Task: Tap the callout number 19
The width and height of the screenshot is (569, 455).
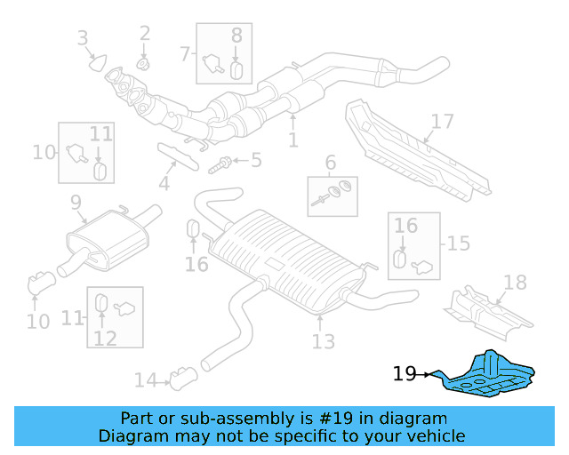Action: tap(405, 374)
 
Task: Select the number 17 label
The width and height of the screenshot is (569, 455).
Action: tap(442, 121)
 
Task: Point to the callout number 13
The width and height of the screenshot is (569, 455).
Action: tap(323, 340)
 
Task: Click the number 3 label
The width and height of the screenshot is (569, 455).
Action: tap(83, 37)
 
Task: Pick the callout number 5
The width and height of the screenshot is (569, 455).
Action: tap(256, 161)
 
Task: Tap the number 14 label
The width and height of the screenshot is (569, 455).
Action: tap(145, 380)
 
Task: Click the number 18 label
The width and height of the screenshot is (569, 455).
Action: tap(515, 283)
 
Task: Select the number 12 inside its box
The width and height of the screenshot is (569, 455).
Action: tap(105, 338)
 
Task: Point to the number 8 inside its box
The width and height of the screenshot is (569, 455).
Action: tap(236, 36)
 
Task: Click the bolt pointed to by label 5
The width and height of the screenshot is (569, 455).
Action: tap(221, 164)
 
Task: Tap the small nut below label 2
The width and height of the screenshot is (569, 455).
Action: tap(144, 64)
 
